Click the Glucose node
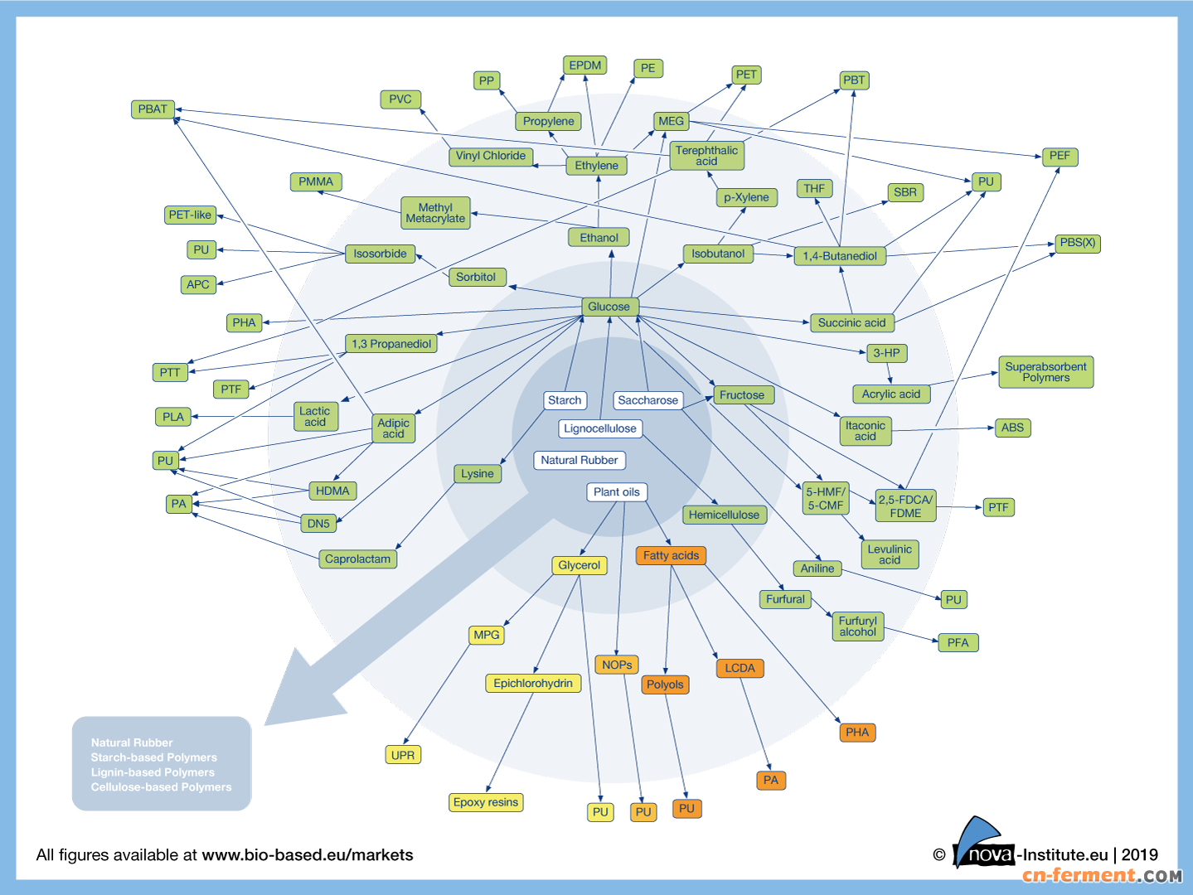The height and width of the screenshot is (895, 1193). pos(609,307)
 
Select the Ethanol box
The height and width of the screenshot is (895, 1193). pos(599,238)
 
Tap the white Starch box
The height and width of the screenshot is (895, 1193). pos(565,400)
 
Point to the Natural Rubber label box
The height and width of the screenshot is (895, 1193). pos(579,460)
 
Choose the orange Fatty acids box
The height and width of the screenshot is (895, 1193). pos(671,555)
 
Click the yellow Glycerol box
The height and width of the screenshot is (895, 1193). pos(579,565)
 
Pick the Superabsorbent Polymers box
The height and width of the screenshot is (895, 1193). pos(1045,372)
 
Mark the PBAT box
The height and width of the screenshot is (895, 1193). pos(153,109)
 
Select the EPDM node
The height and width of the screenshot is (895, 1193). pos(584,65)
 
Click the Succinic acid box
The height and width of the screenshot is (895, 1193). pos(851,322)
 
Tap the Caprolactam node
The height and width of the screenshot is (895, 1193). pos(357,559)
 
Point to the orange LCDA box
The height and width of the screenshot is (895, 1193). pos(740,668)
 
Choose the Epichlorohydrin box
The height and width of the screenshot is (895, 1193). pos(533,683)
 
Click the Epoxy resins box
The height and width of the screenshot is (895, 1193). pos(486,802)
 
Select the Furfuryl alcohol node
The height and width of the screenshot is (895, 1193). pos(857,626)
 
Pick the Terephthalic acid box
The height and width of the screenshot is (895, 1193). pos(706,156)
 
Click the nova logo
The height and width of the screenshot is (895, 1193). pos(985,846)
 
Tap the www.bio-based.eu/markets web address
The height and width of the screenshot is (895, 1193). pos(307,855)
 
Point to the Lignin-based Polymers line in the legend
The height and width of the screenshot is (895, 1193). pos(153,772)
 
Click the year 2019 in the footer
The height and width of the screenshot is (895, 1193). pos(1139,855)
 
